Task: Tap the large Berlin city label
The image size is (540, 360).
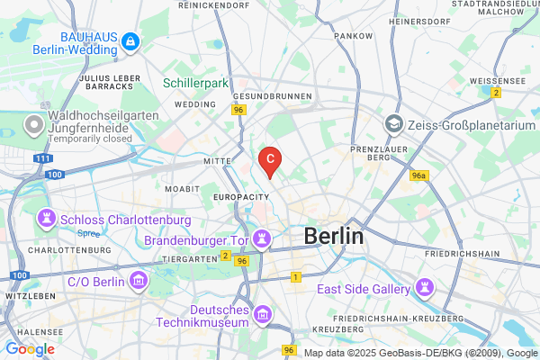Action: (x=334, y=236)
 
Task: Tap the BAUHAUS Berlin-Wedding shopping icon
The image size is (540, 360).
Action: (x=130, y=41)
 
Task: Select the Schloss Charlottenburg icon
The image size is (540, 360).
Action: (x=45, y=220)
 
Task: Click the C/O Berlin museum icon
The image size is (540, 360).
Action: (x=138, y=282)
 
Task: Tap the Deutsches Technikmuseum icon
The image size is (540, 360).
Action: (x=262, y=315)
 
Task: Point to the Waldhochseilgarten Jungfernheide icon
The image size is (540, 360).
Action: (x=35, y=121)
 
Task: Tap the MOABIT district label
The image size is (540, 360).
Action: (x=183, y=190)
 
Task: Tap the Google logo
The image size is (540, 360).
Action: (x=30, y=349)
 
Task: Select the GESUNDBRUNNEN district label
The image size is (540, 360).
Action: (x=272, y=95)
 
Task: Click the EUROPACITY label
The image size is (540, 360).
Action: (x=240, y=195)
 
